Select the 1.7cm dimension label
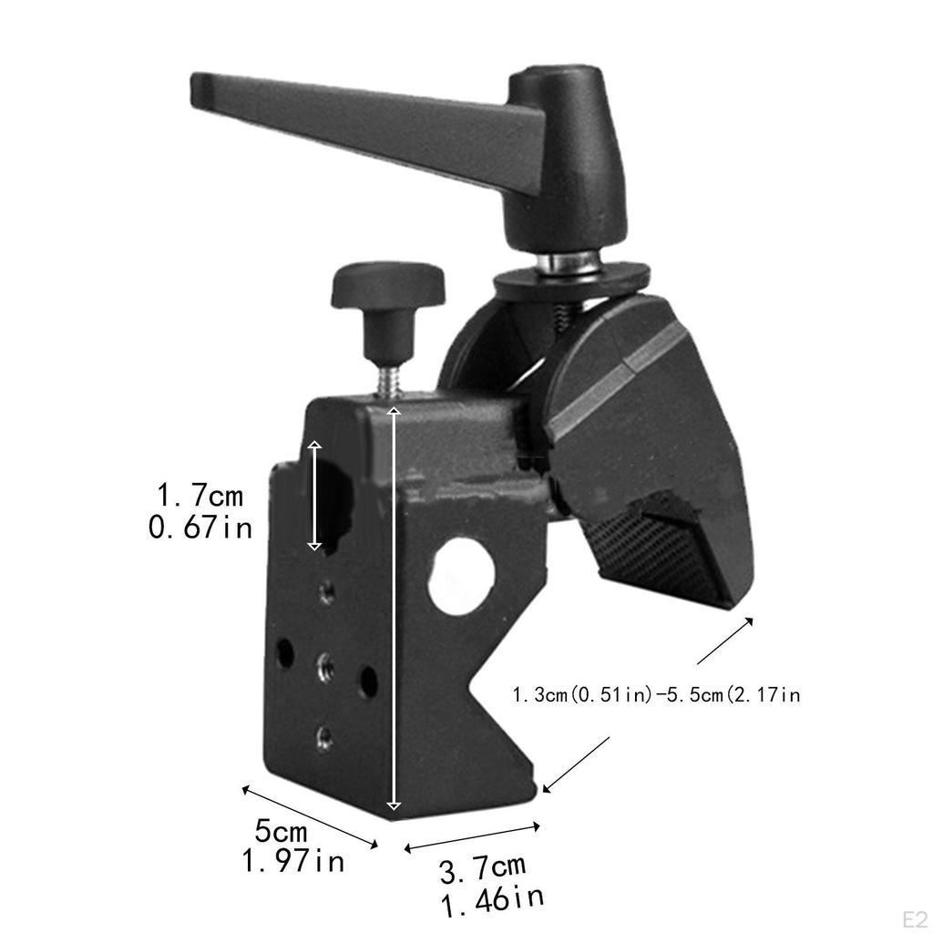(200, 497)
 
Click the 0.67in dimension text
(200, 527)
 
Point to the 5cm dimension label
(281, 831)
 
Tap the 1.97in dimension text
(292, 860)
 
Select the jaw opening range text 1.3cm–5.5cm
(656, 696)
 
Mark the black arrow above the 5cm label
(310, 815)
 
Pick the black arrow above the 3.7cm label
(472, 837)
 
